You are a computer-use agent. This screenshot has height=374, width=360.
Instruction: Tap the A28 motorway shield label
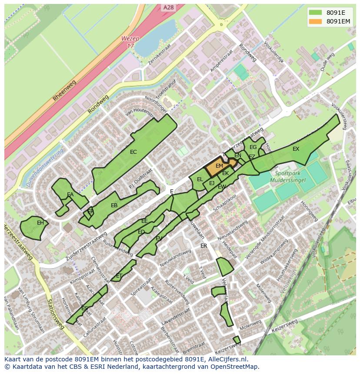[169, 7]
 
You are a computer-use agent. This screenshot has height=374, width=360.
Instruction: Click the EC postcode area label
[133, 152]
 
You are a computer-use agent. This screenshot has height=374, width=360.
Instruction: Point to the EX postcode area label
[296, 149]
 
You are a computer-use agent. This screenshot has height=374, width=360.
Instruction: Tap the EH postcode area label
[40, 223]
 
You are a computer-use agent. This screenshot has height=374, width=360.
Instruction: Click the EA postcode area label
[70, 195]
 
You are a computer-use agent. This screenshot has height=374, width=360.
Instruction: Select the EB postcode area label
[114, 205]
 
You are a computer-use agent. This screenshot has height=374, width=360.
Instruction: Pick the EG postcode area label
[253, 147]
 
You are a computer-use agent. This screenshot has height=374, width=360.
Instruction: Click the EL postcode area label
[200, 179]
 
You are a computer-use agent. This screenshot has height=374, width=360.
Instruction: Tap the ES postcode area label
[85, 308]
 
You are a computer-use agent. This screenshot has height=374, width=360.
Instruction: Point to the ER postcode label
[204, 246]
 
